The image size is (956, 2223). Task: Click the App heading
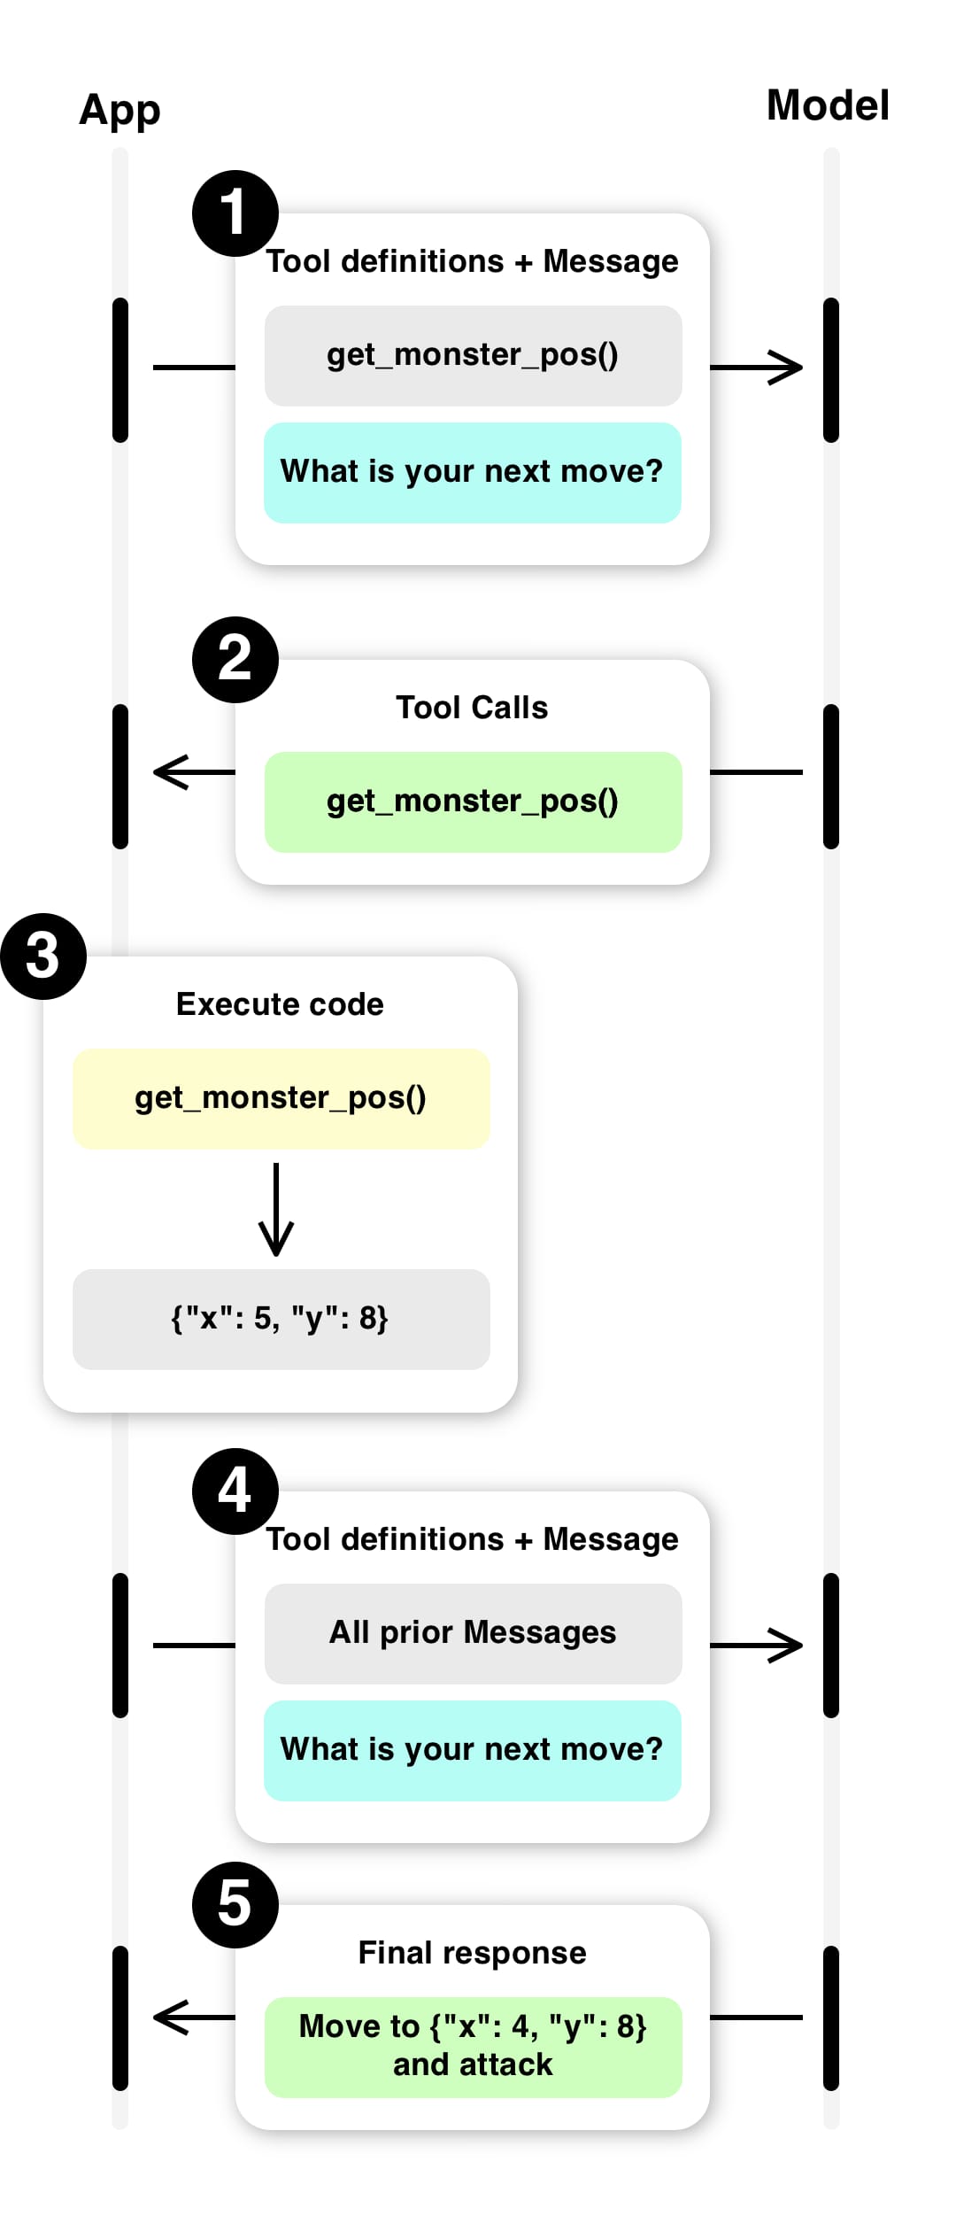coord(119,111)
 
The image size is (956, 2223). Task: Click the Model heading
coord(828,105)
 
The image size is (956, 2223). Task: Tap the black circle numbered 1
coord(235,213)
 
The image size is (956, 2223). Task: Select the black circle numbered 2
coord(235,660)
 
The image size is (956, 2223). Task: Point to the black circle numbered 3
coord(43,957)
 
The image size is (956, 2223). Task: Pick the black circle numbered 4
coord(235,1491)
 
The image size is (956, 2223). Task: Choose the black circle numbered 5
coord(235,1904)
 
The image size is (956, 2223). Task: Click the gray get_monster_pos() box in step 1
coord(473,356)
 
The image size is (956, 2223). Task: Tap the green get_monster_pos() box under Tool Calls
coord(473,802)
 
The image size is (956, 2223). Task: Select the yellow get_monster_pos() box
coord(281,1099)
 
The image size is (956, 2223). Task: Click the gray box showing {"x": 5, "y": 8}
coord(281,1319)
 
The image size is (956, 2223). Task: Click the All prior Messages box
coord(473,1633)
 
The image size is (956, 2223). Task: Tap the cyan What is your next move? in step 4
coord(473,1750)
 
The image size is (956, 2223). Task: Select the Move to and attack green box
coord(473,2047)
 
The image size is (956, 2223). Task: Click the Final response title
coord(473,1953)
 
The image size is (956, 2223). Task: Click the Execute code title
coord(280,1004)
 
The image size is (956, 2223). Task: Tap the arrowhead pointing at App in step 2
coord(168,772)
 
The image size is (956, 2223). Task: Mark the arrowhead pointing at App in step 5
coord(168,2018)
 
